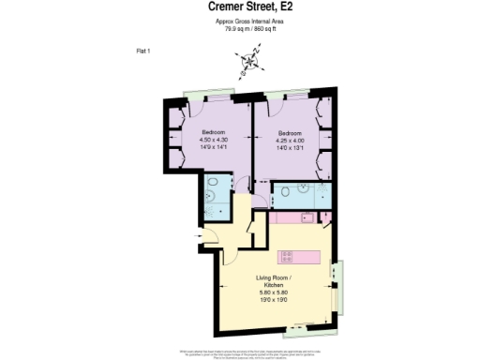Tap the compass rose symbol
[x=248, y=64]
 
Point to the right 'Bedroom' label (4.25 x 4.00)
[x=289, y=132]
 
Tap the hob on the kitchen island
[x=288, y=256]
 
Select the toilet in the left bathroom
[x=214, y=182]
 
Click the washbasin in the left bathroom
[x=232, y=184]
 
